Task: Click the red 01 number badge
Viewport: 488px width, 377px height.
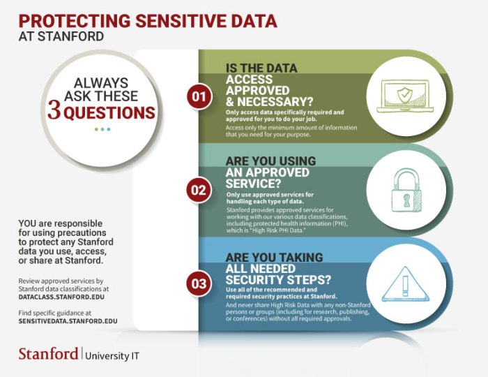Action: tap(199, 96)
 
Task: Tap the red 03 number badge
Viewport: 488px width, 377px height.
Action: tap(199, 283)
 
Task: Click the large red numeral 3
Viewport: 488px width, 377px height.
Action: tap(54, 112)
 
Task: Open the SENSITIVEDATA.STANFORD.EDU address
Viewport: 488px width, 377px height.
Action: tap(68, 321)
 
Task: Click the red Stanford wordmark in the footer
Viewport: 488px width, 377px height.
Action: tap(48, 354)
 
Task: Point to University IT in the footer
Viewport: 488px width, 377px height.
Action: tap(112, 355)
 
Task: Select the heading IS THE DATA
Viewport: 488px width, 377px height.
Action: tap(261, 68)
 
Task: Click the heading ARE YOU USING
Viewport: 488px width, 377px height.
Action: tap(270, 161)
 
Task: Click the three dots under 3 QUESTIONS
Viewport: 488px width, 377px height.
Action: tap(102, 129)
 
